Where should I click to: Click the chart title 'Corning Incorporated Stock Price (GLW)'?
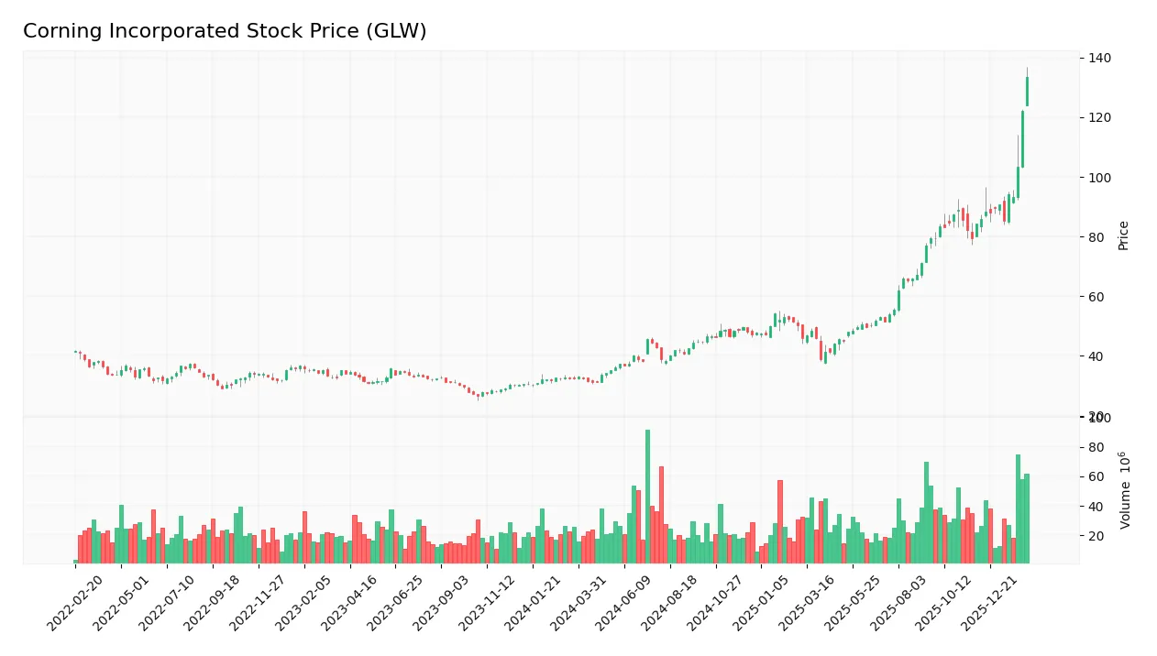pos(225,31)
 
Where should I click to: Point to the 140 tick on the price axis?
pos(1099,58)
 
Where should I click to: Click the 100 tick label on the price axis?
pos(1099,178)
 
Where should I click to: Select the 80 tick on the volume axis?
pos(1096,447)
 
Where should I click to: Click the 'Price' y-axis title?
pos(1123,235)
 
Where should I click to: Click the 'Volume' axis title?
pos(1124,490)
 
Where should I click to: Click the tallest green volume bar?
pos(647,497)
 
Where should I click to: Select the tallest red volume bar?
pos(661,515)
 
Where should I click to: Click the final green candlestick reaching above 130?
pos(1027,92)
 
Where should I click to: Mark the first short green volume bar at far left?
pos(75,562)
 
